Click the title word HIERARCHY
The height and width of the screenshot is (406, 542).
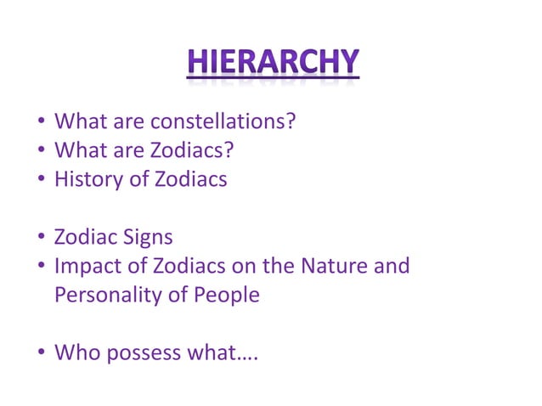(273, 63)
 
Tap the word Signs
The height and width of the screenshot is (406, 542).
(144, 237)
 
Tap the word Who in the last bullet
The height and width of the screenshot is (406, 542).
(75, 352)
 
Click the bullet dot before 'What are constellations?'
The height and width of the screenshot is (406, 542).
(41, 121)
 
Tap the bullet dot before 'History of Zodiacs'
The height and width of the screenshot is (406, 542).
(41, 180)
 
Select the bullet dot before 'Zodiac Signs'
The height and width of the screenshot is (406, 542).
(41, 238)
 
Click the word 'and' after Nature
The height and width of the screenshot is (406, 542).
(391, 266)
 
